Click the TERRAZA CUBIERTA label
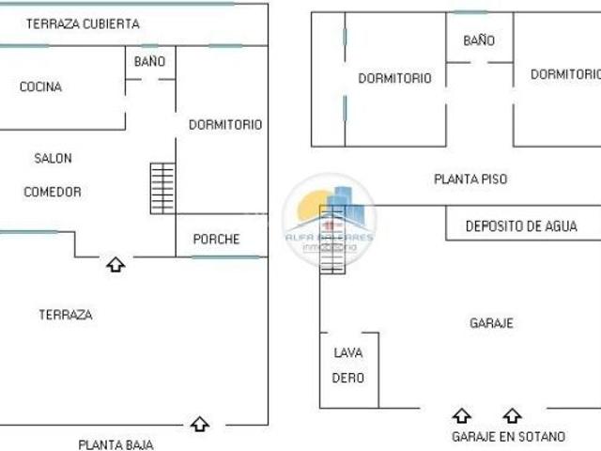(83, 23)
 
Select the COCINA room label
(40, 87)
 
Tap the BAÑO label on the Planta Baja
(149, 62)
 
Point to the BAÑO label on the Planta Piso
(479, 40)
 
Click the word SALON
(53, 158)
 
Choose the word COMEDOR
(53, 192)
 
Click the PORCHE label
(216, 239)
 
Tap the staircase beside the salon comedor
(162, 188)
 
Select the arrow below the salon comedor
(116, 265)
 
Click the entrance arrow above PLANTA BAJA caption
(199, 424)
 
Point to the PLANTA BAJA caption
(116, 444)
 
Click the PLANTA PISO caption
(470, 178)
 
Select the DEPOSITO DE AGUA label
(521, 226)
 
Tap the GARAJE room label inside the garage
(491, 323)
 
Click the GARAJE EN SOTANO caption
(508, 437)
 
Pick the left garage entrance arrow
(462, 415)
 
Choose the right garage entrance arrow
(512, 415)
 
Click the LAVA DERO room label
(348, 365)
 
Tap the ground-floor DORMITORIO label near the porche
(225, 124)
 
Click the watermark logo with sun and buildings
(330, 218)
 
